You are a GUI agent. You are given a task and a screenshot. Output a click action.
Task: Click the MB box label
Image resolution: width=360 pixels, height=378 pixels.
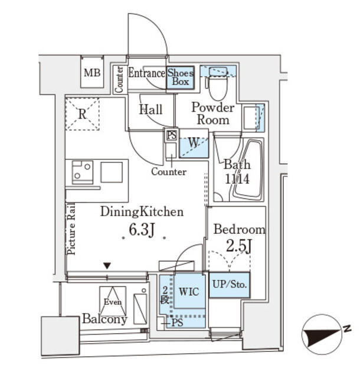click(91, 74)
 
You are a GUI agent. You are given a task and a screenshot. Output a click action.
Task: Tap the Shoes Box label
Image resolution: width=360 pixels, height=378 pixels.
click(180, 77)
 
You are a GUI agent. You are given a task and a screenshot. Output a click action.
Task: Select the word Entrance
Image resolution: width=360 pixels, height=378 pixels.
click(146, 73)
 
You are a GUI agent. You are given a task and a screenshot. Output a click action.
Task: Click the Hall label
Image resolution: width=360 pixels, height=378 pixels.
click(150, 109)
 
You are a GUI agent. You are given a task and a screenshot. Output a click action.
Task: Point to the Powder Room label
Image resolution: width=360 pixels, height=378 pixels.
click(212, 113)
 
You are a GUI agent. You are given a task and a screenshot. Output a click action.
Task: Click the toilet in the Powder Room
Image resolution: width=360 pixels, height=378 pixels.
click(216, 88)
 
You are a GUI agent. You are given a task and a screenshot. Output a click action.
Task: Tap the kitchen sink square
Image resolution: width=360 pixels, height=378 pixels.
click(111, 172)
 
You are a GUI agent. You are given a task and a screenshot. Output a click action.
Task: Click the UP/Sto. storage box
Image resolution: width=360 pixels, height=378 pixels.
click(229, 285)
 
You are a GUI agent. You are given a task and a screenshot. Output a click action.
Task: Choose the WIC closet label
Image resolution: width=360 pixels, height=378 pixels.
click(188, 292)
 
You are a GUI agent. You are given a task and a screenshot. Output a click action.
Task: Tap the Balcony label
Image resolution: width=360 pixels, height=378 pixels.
click(104, 320)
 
